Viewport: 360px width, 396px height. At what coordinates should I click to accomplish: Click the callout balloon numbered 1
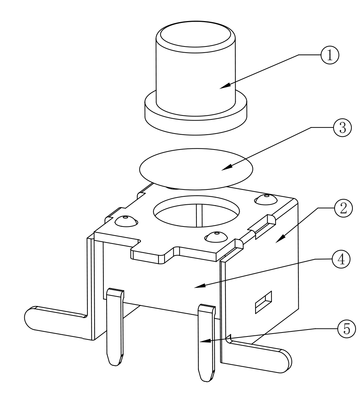(329, 55)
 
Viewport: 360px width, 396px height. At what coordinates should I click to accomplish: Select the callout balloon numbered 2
(342, 208)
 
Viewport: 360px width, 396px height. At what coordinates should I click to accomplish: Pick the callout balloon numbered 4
(342, 259)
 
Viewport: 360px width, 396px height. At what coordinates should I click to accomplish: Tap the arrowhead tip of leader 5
(200, 342)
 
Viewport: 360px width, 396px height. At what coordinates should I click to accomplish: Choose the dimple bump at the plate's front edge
(215, 237)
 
